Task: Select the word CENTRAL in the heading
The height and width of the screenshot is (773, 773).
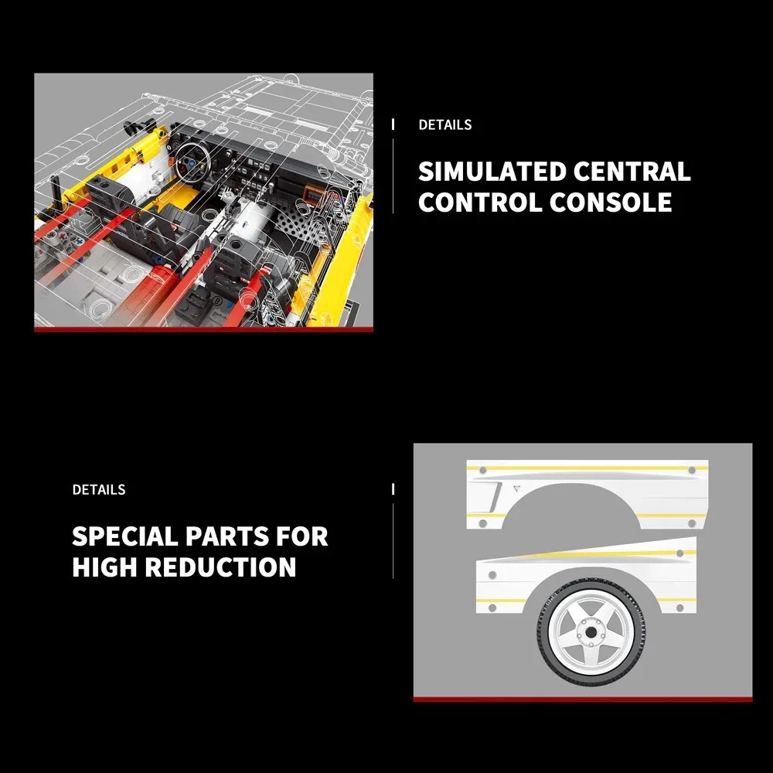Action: click(x=632, y=172)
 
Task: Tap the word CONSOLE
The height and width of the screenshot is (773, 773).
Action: click(x=611, y=202)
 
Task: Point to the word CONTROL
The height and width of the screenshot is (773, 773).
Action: click(x=480, y=202)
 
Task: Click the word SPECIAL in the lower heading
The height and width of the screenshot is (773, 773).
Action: click(x=124, y=536)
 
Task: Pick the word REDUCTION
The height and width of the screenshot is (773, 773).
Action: click(x=220, y=567)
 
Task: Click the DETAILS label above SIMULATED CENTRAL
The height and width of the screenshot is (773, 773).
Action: click(x=445, y=124)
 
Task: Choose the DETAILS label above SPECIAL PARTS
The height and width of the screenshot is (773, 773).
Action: click(x=99, y=489)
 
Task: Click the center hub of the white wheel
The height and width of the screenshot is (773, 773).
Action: click(x=590, y=634)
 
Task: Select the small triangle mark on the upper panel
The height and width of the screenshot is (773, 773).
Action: click(x=516, y=489)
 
